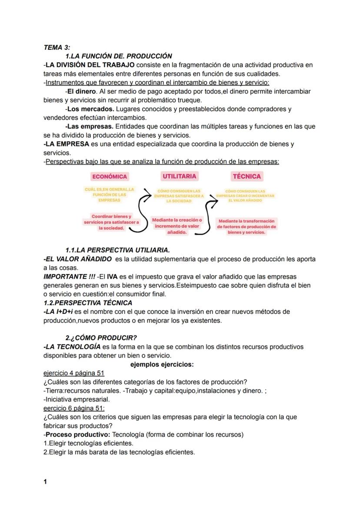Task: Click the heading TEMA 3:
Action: coord(57,47)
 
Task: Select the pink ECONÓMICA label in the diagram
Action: coord(109,176)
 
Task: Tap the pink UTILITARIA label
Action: coord(179,176)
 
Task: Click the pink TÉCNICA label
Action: coord(247,176)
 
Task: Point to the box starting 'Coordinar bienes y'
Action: coord(111,222)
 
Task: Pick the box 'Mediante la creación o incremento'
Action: coord(177,226)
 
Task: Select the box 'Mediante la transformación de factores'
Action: coord(247,226)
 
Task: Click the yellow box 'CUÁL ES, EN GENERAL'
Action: coord(110,194)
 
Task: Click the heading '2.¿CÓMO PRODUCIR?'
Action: coord(101,338)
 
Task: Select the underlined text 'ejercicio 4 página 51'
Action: coord(74,373)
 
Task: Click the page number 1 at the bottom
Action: coord(45,481)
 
